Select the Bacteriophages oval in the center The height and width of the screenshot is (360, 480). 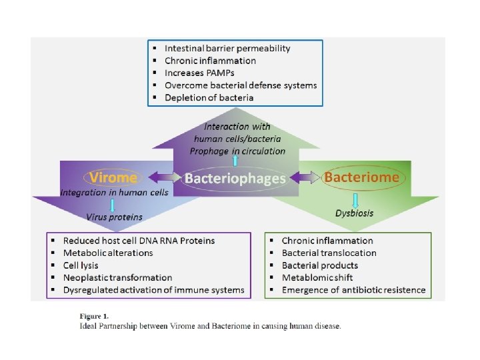click(235, 179)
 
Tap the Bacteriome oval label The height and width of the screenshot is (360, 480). click(361, 177)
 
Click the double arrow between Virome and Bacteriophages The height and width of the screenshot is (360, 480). click(162, 178)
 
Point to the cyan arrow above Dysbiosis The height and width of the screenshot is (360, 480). click(355, 199)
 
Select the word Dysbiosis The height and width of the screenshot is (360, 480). click(355, 213)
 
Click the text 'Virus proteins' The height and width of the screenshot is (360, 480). click(115, 217)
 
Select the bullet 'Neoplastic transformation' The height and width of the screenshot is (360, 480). click(117, 277)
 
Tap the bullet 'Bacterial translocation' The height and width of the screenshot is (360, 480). click(329, 253)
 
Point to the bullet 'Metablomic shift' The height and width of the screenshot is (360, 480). click(317, 277)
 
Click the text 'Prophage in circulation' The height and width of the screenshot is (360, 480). click(237, 151)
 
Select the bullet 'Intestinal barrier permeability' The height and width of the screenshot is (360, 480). click(227, 48)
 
